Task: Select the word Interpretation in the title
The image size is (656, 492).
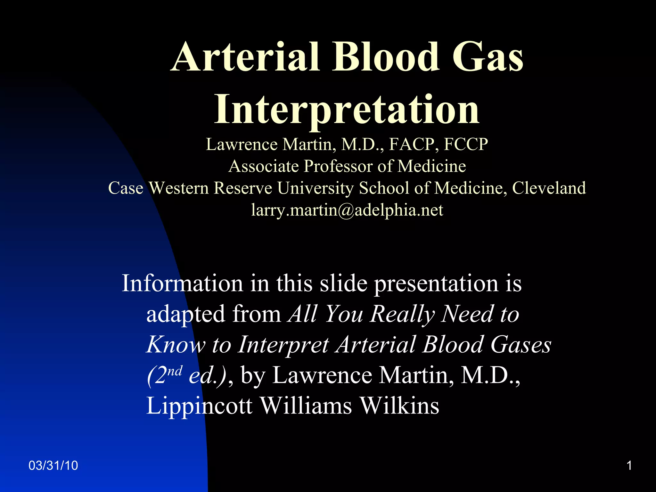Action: [347, 110]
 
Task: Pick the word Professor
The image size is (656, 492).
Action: [338, 167]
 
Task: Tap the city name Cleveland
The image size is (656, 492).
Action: [549, 188]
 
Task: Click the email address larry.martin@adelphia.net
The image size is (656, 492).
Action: [347, 210]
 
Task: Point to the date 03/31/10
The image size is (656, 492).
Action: [53, 465]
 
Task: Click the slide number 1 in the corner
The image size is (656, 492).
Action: [629, 465]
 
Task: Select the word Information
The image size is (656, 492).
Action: [182, 283]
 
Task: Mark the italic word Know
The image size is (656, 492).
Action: [176, 345]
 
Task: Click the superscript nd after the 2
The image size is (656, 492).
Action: [175, 371]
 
